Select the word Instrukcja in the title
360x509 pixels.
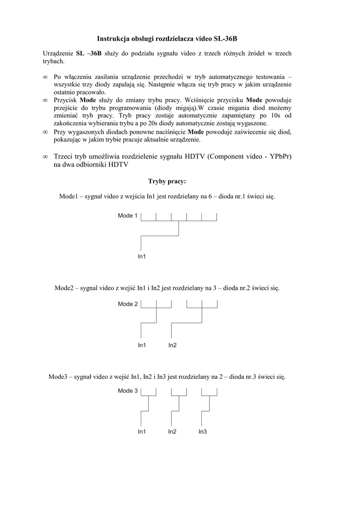coord(113,38)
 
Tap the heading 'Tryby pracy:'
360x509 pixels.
coord(167,181)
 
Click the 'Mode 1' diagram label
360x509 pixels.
coord(128,216)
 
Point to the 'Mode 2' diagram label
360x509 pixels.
coord(128,304)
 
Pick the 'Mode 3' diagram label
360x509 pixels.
coord(128,391)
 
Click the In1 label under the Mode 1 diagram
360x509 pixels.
coord(142,256)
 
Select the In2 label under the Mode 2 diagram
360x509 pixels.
coord(173,345)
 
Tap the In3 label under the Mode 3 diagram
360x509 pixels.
coord(202,432)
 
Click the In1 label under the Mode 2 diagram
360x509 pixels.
coord(142,345)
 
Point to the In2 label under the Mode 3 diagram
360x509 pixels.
coord(173,432)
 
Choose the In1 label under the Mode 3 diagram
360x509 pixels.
coord(142,432)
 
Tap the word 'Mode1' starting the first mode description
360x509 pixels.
coord(69,197)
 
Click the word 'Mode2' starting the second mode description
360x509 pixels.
coord(64,288)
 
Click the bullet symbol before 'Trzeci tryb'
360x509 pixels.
coord(45,157)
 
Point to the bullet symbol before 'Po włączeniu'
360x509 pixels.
coord(45,78)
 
